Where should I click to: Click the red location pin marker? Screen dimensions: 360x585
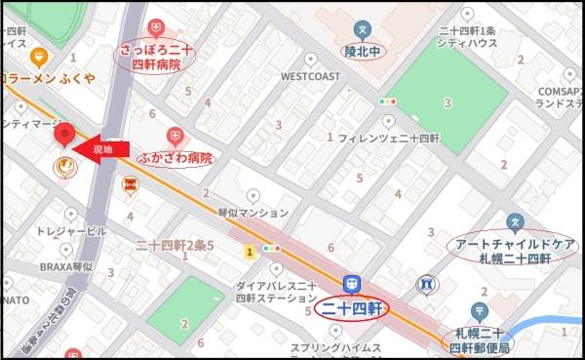click(65, 136)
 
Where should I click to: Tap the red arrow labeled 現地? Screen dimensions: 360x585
click(108, 149)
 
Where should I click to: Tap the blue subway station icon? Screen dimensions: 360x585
click(352, 283)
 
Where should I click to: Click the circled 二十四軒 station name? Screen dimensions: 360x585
click(352, 309)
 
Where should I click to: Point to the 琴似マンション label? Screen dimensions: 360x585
click(253, 212)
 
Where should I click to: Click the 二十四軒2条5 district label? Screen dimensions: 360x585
click(175, 244)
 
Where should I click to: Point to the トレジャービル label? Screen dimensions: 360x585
click(58, 233)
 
